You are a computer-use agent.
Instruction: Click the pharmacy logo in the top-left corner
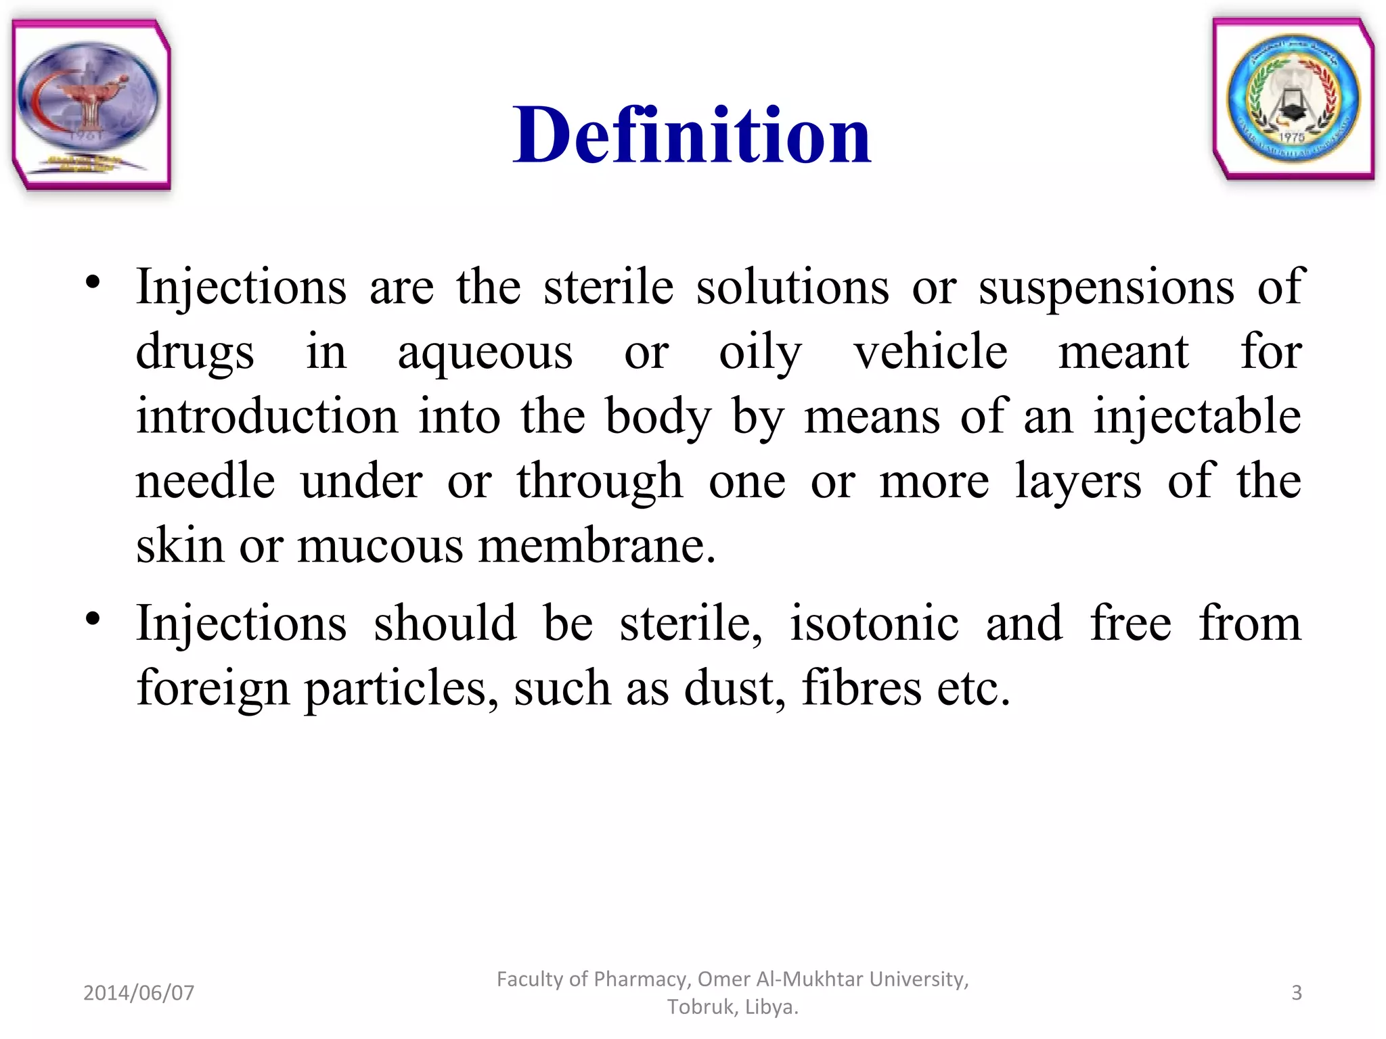tap(91, 105)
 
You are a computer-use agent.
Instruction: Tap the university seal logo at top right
tap(1293, 99)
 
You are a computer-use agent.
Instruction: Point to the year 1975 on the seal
tap(1291, 137)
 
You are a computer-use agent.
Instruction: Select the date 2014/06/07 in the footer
tap(139, 992)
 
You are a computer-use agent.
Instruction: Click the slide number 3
tap(1297, 992)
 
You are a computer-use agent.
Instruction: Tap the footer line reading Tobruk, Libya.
tap(733, 1007)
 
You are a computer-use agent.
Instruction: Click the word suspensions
tap(1106, 288)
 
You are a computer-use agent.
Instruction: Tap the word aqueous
tap(485, 353)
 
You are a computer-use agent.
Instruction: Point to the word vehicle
tap(931, 352)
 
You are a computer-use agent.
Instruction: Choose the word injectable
tap(1197, 417)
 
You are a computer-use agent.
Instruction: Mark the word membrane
tap(596, 545)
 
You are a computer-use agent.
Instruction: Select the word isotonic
tap(874, 623)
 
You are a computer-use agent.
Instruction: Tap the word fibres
tap(862, 688)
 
